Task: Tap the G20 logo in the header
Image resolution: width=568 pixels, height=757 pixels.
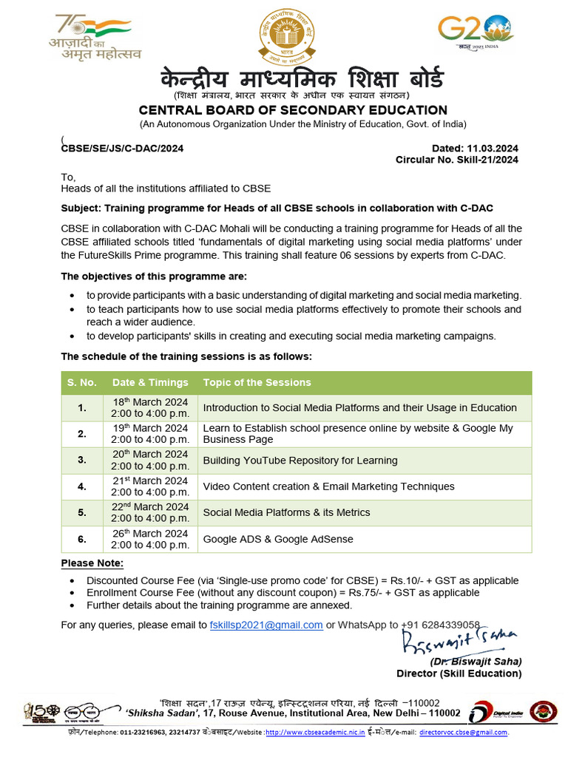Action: [x=476, y=32]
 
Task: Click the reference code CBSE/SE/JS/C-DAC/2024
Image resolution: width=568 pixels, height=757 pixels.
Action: [x=122, y=148]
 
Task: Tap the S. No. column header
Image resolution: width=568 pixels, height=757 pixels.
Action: [x=82, y=382]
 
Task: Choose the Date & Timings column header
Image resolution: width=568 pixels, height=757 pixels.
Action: [x=150, y=382]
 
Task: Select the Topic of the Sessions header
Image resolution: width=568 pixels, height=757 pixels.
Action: [x=257, y=382]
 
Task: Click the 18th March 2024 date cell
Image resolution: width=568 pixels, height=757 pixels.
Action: [x=150, y=408]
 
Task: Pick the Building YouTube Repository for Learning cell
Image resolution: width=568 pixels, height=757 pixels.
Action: [x=300, y=461]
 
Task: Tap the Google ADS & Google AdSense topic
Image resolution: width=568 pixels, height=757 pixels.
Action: [x=277, y=539]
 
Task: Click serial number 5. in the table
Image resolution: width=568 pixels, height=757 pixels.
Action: [x=82, y=512]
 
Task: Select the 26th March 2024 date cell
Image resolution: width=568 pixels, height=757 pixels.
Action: [x=150, y=539]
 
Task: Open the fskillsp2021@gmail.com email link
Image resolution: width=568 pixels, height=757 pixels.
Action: [x=266, y=625]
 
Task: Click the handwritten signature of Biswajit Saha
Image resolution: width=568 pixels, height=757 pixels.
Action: [x=459, y=641]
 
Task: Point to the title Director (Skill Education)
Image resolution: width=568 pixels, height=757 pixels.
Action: [x=459, y=673]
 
